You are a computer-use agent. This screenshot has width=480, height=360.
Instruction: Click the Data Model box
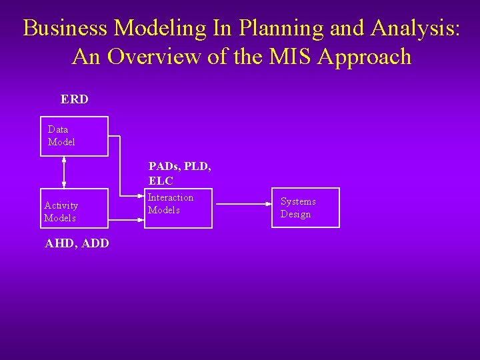tap(74, 137)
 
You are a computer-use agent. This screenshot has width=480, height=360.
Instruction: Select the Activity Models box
tap(74, 208)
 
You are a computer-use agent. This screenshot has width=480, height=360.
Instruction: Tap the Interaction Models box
tap(178, 208)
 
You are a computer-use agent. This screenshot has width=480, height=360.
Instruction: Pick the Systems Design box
tap(305, 208)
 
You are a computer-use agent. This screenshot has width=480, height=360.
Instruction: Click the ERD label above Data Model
tap(74, 99)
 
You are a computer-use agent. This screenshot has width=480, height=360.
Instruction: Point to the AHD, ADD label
tap(77, 244)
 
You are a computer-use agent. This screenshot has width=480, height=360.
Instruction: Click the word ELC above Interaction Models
tap(161, 181)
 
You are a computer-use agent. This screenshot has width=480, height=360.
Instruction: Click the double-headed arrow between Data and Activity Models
tap(64, 172)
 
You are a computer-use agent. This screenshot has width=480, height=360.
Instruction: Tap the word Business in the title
tap(65, 28)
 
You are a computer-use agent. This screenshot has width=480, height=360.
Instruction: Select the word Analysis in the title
tap(414, 28)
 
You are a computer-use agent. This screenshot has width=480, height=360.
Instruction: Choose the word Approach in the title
tap(365, 57)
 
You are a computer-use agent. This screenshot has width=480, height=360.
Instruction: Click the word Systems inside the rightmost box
tap(298, 201)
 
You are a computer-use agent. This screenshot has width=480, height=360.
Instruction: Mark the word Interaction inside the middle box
tap(171, 197)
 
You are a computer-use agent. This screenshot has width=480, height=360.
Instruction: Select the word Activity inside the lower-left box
tap(61, 205)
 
